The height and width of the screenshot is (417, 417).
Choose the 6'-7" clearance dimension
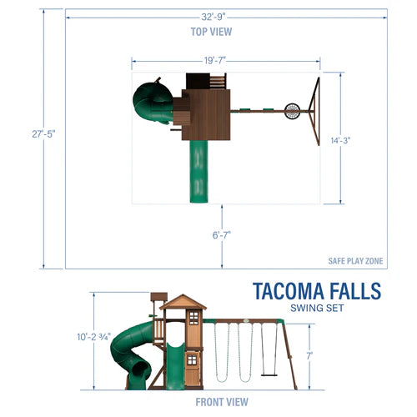click(x=222, y=235)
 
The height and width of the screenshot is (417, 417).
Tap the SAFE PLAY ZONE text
click(x=356, y=261)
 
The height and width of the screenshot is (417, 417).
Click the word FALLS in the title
click(x=351, y=293)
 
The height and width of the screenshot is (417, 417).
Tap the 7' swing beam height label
click(x=310, y=355)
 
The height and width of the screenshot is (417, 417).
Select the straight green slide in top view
click(x=198, y=171)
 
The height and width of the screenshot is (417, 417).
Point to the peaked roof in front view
click(x=183, y=302)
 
